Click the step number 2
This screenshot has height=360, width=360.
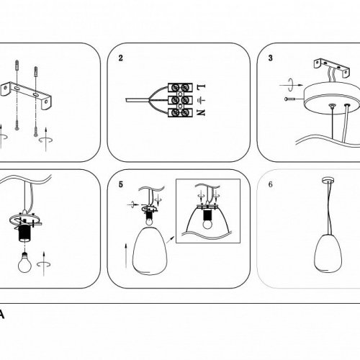(120, 58)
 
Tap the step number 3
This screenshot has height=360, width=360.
(271, 58)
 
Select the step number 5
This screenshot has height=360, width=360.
(120, 184)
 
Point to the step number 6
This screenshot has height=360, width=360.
(271, 184)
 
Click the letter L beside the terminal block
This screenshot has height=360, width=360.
(201, 87)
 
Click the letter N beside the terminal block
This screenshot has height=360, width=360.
(201, 112)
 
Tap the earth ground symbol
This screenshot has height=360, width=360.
(201, 100)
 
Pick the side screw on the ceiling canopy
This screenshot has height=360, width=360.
(290, 99)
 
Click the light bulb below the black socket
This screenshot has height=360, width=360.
(24, 262)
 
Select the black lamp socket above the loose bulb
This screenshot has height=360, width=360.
(24, 233)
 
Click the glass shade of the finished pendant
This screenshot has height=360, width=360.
(328, 253)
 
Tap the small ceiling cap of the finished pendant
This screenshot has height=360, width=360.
(328, 180)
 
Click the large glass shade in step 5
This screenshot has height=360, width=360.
(148, 251)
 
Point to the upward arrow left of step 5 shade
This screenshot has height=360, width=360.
(126, 256)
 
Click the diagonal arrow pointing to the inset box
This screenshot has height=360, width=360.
(171, 240)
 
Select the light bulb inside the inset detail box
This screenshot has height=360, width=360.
(207, 225)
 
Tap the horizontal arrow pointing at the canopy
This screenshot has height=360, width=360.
(291, 85)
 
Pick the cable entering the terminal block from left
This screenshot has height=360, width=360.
(138, 99)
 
